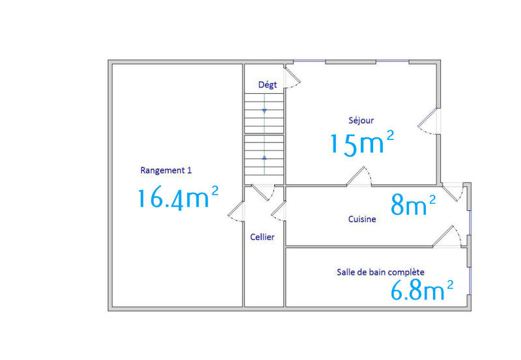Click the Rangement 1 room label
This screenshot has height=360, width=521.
pyautogui.click(x=166, y=171)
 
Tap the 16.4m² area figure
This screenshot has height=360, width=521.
pyautogui.click(x=176, y=197)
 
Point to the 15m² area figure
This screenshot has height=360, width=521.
pyautogui.click(x=361, y=143)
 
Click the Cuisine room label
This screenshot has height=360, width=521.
pyautogui.click(x=362, y=219)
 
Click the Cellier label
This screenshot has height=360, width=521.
pyautogui.click(x=262, y=237)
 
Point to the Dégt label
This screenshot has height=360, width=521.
pyautogui.click(x=267, y=85)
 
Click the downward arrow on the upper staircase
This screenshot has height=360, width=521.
pyautogui.click(x=264, y=111)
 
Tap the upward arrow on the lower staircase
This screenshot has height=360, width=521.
pyautogui.click(x=264, y=157)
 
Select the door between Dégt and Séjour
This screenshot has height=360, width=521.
pyautogui.click(x=292, y=76)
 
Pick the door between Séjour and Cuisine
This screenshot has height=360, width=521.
pyautogui.click(x=359, y=176)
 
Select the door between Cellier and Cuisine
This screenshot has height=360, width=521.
pyautogui.click(x=279, y=210)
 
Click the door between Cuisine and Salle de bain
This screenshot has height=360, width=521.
pyautogui.click(x=445, y=236)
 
